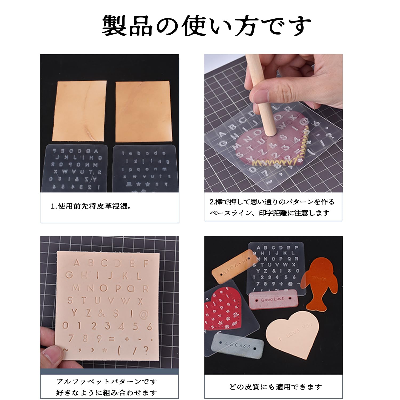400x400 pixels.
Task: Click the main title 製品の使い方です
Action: click(x=206, y=26)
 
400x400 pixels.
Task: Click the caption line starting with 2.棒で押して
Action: click(x=272, y=202)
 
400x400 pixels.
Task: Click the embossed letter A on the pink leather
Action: click(x=77, y=263)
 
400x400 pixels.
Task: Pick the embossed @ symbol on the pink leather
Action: click(x=144, y=315)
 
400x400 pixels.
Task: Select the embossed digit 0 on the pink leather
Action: click(x=65, y=326)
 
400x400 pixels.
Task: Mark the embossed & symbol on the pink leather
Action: click(x=101, y=314)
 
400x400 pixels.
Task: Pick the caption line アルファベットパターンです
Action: click(x=107, y=382)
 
